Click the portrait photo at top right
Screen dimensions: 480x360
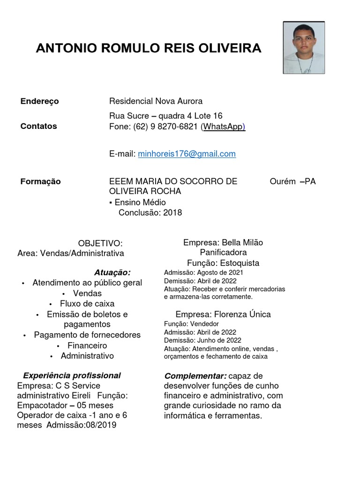click(304, 48)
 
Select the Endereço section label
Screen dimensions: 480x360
click(39, 101)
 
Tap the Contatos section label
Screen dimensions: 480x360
click(39, 126)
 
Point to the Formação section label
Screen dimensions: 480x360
click(40, 181)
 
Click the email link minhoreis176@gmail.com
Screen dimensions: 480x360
click(187, 154)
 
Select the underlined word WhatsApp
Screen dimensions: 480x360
click(223, 127)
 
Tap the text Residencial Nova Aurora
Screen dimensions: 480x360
click(156, 101)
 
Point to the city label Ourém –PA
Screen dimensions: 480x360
click(292, 181)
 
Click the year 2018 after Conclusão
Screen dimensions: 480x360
click(172, 213)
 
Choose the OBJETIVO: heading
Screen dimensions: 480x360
click(100, 243)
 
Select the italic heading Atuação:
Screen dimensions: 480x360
click(112, 272)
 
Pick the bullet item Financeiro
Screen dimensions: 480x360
click(87, 345)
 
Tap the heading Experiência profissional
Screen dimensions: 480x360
click(72, 375)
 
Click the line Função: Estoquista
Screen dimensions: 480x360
click(223, 263)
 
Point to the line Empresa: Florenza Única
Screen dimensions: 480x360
click(223, 314)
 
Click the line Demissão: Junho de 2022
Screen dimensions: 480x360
click(202, 340)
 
